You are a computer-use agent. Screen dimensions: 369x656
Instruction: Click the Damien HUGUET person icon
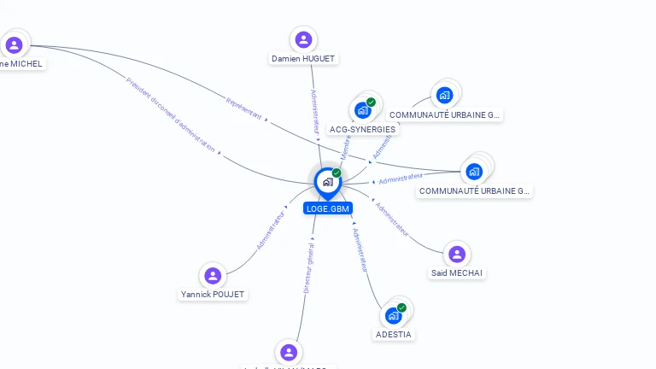[x=303, y=39]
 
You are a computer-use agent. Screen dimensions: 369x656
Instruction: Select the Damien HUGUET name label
[x=303, y=59]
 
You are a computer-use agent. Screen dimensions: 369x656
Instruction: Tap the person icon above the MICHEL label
[x=14, y=44]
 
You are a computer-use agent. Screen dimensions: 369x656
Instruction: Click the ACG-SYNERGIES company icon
[x=362, y=110]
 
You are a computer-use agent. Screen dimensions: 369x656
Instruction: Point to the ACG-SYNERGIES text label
[x=362, y=130]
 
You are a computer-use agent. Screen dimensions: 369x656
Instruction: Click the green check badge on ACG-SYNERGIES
[x=371, y=102]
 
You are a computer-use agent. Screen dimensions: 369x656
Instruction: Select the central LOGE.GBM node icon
[x=327, y=181]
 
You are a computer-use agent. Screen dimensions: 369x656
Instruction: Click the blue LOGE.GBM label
[x=328, y=208]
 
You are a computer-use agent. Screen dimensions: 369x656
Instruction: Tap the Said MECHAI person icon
[x=457, y=254]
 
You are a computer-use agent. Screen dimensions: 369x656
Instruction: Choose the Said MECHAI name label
[x=457, y=272]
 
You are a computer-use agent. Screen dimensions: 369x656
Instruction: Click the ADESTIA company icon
[x=393, y=315]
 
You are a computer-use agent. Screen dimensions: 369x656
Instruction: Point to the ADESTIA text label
[x=394, y=334]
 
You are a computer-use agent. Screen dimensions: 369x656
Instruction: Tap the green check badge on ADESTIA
[x=401, y=307]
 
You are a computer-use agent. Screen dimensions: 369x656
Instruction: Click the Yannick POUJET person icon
[x=213, y=275]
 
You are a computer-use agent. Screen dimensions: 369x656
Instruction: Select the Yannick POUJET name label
[x=213, y=295]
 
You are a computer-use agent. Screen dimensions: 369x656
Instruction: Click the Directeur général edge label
[x=309, y=267]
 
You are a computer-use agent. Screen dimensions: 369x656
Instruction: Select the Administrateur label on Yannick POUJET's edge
[x=272, y=230]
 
